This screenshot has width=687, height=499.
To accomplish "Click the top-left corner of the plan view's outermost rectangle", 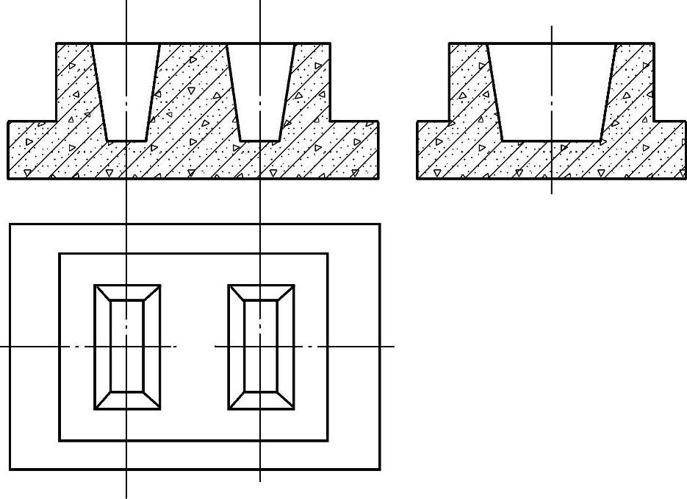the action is [10, 224].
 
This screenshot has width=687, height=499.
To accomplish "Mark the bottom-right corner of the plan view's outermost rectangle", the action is [380, 469].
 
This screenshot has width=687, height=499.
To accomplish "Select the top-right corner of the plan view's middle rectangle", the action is [328, 254].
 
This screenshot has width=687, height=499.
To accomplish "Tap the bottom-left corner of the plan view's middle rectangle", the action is [60, 440].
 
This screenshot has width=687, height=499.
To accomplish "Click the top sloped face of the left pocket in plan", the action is [127, 292].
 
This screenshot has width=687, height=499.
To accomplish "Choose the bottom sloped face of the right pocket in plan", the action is [261, 400].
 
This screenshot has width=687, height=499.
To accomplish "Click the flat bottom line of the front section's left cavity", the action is [126, 140].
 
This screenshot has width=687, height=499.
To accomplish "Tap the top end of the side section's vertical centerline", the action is [552, 27].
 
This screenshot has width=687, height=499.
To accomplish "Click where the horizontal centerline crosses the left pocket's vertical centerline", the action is [127, 345].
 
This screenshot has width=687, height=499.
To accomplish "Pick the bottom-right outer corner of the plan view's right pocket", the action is [294, 408].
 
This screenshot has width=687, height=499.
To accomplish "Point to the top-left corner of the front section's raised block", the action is [57, 43].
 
